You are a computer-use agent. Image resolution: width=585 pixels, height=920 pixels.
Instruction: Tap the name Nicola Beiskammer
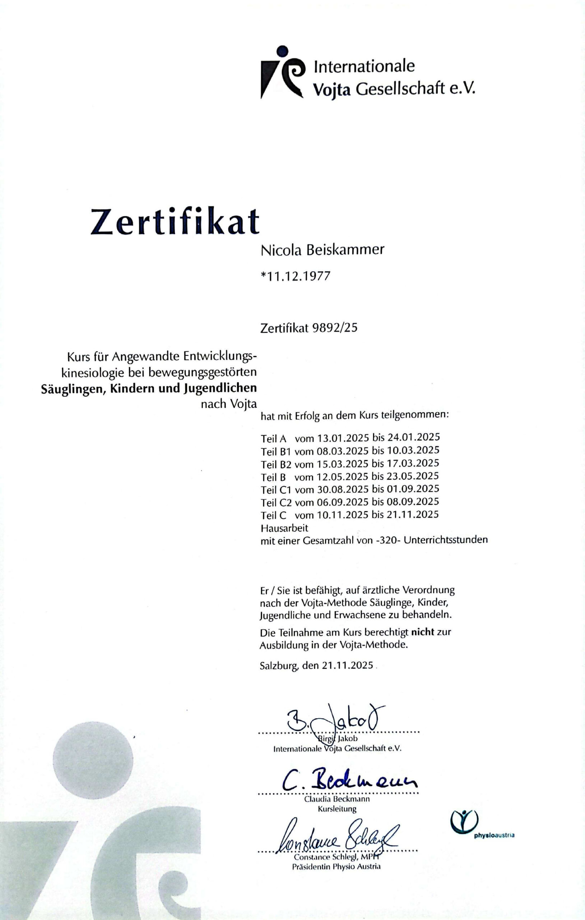322,250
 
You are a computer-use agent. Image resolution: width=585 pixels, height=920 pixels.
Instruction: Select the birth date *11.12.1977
295,276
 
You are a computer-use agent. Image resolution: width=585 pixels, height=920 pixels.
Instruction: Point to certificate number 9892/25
335,328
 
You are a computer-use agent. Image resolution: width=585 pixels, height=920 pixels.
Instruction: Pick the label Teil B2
276,465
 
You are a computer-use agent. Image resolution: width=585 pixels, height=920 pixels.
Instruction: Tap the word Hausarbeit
284,528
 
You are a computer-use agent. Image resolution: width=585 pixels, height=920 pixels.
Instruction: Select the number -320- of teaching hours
388,540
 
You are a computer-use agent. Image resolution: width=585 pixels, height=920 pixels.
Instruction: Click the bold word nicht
423,632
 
